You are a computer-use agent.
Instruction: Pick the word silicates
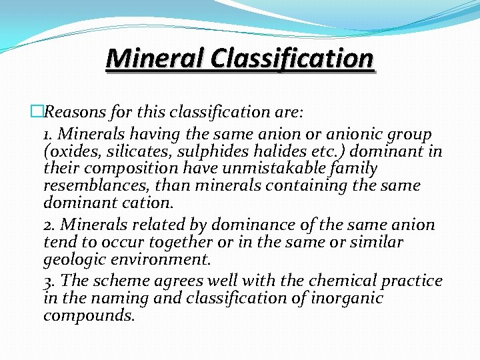[x=137, y=151]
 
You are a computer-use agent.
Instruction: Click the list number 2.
[x=48, y=225]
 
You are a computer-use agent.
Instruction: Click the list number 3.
[x=48, y=281]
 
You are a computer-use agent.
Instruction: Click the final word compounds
[x=88, y=315]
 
